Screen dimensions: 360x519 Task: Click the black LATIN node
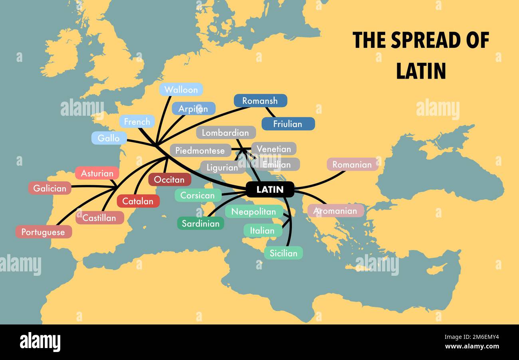point(270,190)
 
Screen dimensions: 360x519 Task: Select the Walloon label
point(181,90)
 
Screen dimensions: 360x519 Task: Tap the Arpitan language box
point(193,109)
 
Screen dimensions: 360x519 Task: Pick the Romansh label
point(260,101)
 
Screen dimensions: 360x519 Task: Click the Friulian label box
point(287,124)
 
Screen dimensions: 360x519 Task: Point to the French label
point(137,122)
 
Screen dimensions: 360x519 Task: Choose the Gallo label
point(109,138)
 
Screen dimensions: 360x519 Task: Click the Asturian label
point(97,173)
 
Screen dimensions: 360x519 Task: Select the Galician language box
point(50,188)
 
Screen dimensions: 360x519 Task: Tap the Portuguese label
point(43,232)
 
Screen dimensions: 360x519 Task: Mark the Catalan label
point(138,201)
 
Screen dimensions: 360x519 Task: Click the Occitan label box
point(169,180)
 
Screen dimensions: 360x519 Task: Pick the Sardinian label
point(200,224)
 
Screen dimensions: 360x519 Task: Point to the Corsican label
point(198,196)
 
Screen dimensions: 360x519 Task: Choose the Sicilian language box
point(283,253)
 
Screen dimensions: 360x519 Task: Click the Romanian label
point(352,164)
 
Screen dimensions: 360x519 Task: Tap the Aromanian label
point(335,211)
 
